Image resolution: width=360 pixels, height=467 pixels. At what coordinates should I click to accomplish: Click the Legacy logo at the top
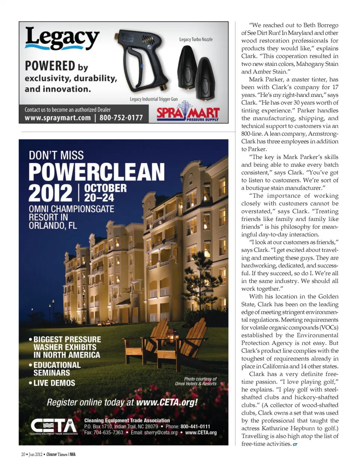(x=62, y=39)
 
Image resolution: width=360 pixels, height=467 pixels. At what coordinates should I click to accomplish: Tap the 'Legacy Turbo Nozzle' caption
(x=196, y=39)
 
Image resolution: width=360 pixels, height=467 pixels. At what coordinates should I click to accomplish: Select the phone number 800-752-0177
(x=121, y=118)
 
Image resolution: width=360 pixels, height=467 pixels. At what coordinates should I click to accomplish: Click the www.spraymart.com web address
(x=58, y=118)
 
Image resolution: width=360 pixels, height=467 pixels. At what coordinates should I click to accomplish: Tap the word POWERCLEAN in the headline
(x=96, y=172)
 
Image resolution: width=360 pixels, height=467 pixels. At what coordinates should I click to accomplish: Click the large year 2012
(x=51, y=193)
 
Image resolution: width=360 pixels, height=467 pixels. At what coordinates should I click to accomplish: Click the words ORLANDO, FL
(x=53, y=225)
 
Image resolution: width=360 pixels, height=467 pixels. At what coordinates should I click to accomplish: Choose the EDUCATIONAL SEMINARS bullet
(x=56, y=369)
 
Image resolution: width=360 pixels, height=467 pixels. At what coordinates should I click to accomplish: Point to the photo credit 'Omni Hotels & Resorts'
(x=196, y=383)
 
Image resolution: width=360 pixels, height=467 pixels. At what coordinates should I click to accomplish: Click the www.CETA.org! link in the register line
(x=167, y=402)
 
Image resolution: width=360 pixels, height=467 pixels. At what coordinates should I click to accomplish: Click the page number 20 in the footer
(x=23, y=454)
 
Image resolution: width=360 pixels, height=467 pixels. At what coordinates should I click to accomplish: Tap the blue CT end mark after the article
(x=295, y=444)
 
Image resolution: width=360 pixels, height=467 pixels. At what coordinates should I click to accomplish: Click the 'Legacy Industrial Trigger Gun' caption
(x=154, y=99)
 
